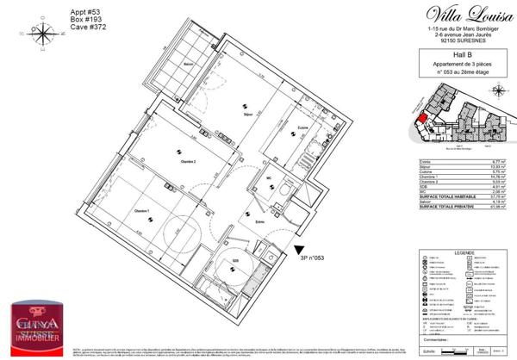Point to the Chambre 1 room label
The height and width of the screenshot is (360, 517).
[x=142, y=212]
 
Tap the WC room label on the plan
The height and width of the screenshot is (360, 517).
[x=269, y=179]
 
